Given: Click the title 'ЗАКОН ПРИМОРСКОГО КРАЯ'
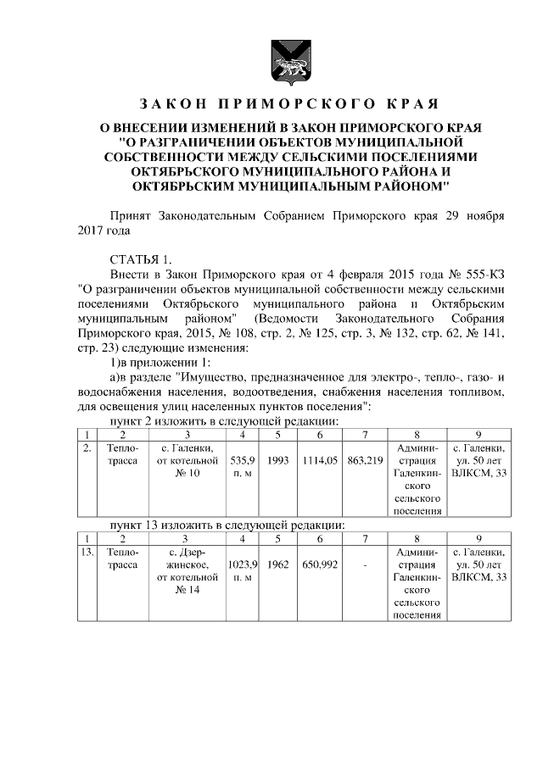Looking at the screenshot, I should coord(288,105).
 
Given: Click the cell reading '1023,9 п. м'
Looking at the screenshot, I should coord(243,569).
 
